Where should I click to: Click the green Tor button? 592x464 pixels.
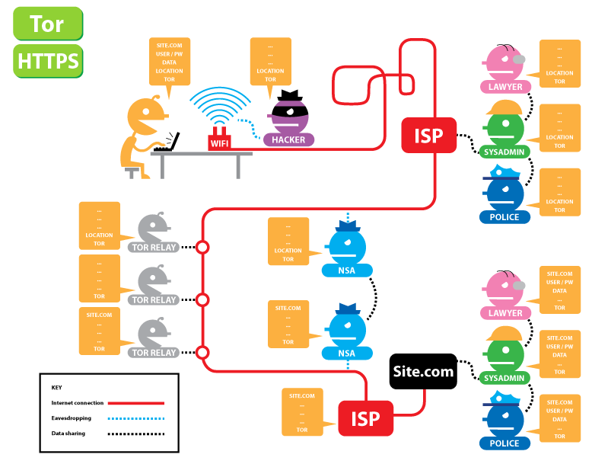pos(47,24)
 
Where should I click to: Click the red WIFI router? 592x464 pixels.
pos(219,142)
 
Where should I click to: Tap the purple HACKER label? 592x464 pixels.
pos(288,140)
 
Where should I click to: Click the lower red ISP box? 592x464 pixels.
pos(365,419)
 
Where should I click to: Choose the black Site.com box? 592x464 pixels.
pos(422,372)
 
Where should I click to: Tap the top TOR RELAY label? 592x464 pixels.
pos(155,247)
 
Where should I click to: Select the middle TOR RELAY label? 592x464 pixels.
pos(155,300)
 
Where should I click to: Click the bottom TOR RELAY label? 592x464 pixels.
pos(155,353)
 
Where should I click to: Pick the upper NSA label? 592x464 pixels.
pos(346,270)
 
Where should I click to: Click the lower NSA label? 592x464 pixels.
pos(346,353)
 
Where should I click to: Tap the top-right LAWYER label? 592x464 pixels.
pos(505,87)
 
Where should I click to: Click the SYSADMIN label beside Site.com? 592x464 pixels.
pos(505,378)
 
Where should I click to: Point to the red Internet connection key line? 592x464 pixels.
pos(136,402)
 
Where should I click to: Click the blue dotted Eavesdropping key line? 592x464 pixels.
pos(136,418)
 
